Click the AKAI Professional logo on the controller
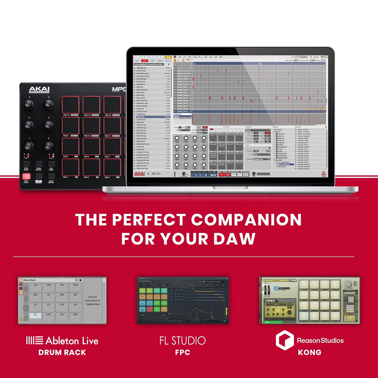tap(39, 90)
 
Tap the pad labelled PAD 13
tap(70, 105)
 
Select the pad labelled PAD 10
tap(91, 126)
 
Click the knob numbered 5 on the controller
tap(29, 104)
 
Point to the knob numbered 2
tap(48, 146)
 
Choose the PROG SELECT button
tap(39, 164)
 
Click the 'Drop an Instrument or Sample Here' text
tap(93, 301)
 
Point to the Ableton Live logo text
tap(62, 341)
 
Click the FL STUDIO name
tap(183, 341)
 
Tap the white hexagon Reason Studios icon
tap(285, 340)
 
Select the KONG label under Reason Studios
tap(310, 352)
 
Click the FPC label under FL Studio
tap(183, 352)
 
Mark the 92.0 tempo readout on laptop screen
tap(213, 175)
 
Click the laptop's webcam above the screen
tap(230, 52)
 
